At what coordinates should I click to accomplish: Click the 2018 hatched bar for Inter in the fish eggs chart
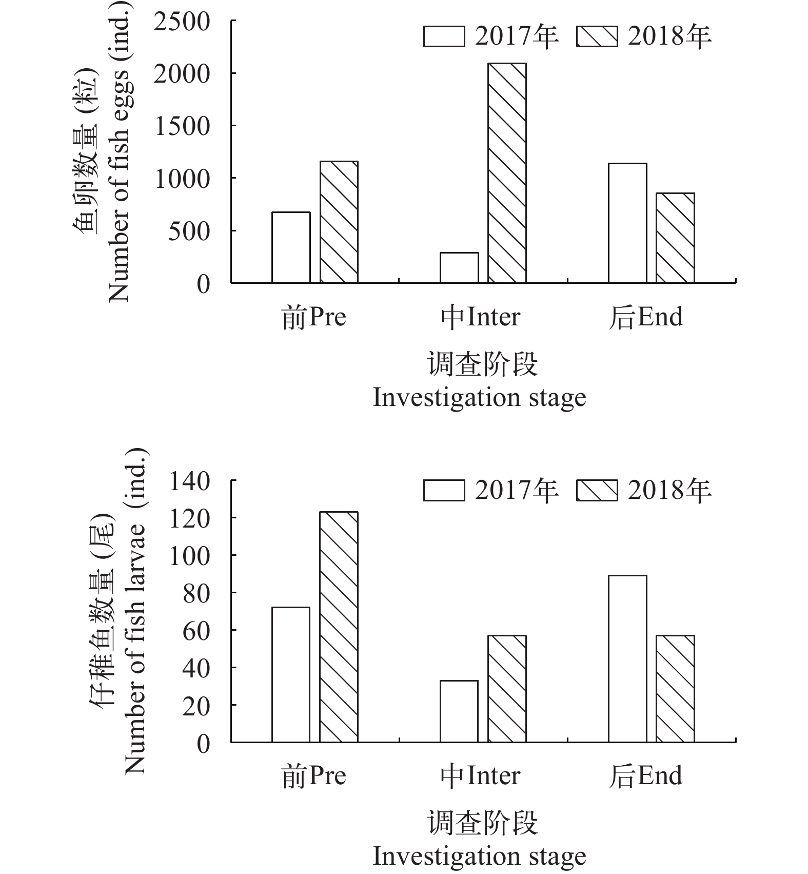[507, 173]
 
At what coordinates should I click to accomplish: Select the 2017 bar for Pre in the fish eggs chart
[291, 247]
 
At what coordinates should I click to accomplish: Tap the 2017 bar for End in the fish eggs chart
[627, 223]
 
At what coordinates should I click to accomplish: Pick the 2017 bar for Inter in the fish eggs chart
[459, 267]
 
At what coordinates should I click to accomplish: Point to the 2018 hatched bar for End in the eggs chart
[675, 238]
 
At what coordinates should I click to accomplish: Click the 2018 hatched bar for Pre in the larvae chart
[339, 627]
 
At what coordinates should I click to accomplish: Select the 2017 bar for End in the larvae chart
[627, 658]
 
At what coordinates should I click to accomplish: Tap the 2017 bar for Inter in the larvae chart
[459, 711]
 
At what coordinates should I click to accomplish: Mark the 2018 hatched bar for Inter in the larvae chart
[507, 689]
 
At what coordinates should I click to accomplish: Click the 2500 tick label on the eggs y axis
[182, 22]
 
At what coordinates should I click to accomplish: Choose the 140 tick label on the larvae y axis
[190, 481]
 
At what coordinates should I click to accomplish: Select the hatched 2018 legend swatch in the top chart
[597, 37]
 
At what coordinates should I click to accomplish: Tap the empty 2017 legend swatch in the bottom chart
[444, 490]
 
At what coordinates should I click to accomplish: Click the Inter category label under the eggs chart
[481, 317]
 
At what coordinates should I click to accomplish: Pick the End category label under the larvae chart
[646, 776]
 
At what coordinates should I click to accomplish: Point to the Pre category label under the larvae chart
[314, 776]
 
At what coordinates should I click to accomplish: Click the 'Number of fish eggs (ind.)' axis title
[118, 152]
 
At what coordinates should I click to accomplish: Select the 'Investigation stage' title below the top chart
[479, 398]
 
